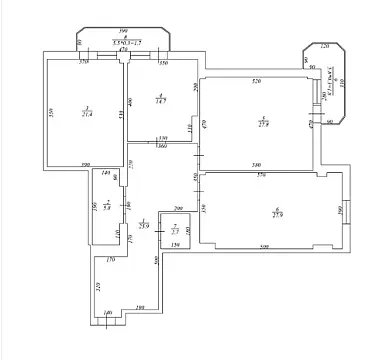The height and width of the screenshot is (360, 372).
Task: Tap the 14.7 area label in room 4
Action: pos(158,100)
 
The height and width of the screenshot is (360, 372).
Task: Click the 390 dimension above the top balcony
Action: pos(123,33)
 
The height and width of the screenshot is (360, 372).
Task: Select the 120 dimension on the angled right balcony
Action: pos(324,47)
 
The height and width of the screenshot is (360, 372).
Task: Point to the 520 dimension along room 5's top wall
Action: pos(256,81)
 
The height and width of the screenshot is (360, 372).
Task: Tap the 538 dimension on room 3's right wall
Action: pos(118,116)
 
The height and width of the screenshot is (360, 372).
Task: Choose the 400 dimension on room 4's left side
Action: pos(131,102)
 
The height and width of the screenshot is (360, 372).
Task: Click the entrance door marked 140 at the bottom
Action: pos(108,319)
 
